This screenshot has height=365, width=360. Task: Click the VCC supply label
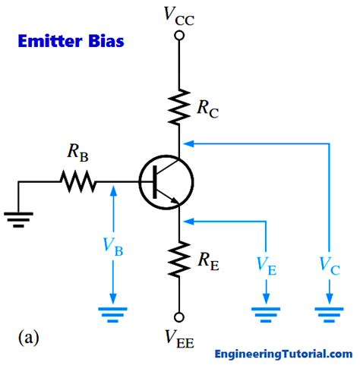[180, 15]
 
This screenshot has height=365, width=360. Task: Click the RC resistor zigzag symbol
[180, 106]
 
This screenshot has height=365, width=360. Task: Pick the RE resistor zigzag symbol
[180, 259]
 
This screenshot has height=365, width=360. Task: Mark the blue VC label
[329, 266]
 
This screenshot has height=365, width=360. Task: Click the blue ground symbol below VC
[329, 312]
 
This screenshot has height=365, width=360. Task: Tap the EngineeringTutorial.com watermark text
[283, 354]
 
